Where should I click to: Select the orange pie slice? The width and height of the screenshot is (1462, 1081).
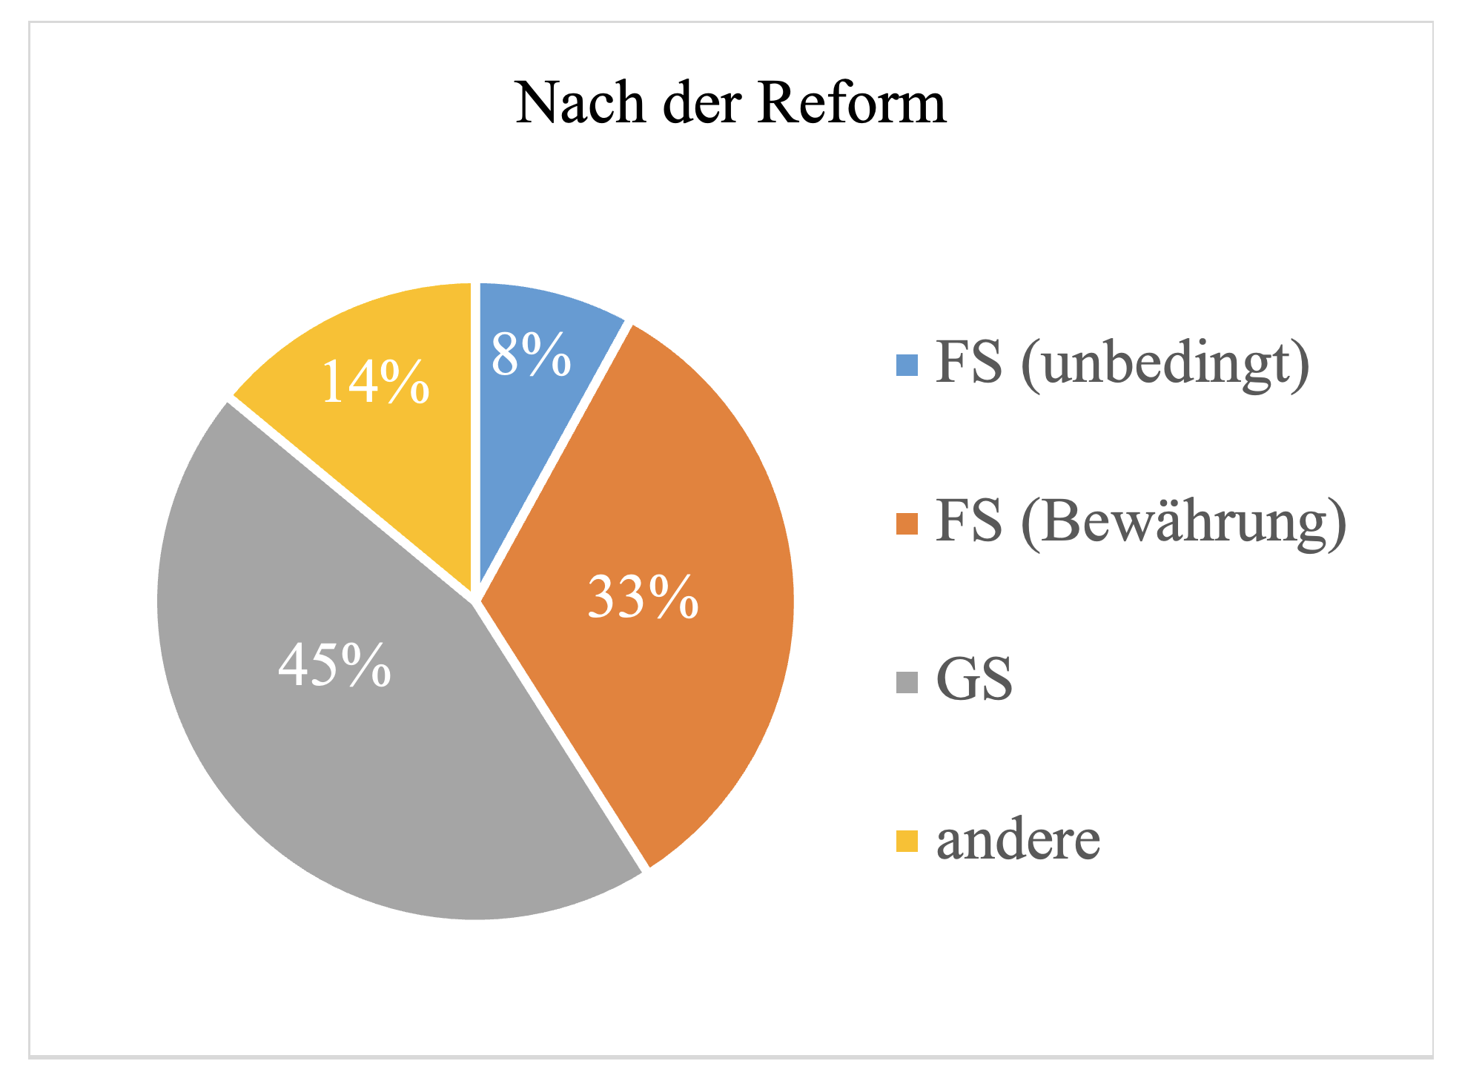pos(667,519)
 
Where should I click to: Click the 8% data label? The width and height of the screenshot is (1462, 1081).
pos(531,355)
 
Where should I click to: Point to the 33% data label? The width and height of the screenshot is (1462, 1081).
pos(643,596)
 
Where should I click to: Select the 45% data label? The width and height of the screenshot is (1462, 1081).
pos(334,665)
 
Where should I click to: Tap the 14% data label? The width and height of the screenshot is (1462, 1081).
pos(375,382)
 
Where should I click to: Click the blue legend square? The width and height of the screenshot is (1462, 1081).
pos(907,366)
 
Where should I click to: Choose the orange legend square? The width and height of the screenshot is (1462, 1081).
pos(907,524)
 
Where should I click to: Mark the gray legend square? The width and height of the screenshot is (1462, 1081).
pos(907,682)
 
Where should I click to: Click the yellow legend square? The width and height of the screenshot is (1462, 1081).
pos(907,842)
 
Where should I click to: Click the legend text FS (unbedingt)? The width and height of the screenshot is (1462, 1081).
pos(1122,363)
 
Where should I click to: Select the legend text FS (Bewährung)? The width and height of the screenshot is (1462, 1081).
pos(1141,523)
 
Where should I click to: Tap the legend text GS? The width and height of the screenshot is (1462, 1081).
pos(974,680)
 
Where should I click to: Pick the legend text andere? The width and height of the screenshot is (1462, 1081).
pos(1019,841)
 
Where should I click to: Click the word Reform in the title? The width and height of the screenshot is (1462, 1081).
pos(852,103)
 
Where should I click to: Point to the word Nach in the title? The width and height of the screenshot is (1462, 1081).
pos(580,103)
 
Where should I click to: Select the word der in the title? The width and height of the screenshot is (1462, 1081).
pos(702,103)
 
